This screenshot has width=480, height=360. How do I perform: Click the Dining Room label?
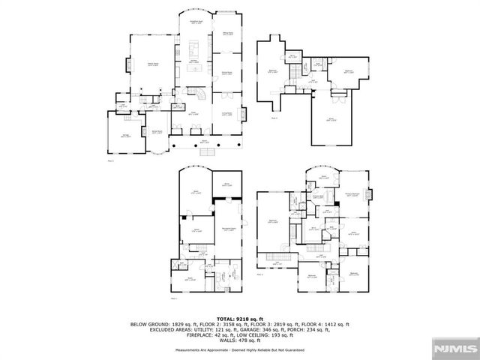point(223,72)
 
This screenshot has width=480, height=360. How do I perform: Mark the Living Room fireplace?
point(241,114)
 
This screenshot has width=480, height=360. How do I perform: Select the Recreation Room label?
point(229,229)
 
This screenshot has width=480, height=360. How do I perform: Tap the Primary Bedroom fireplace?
point(367,193)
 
